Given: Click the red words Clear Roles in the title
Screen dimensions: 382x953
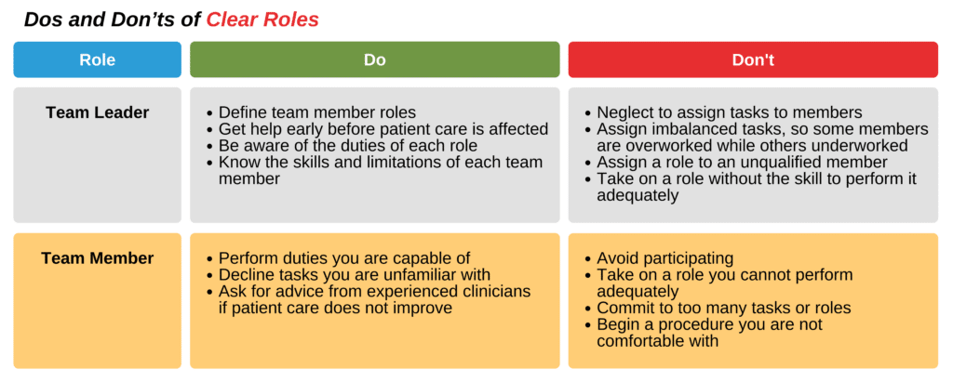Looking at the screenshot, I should point(262,19).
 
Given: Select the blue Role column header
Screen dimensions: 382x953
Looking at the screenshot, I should point(97,59).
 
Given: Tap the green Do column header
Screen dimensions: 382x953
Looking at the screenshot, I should point(374,59).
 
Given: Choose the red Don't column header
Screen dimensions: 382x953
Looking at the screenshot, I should point(753,59).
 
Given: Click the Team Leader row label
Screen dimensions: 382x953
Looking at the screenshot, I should point(97,112).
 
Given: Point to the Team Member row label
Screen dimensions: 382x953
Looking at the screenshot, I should point(97,257).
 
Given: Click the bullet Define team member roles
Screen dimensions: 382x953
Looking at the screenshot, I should point(316,112).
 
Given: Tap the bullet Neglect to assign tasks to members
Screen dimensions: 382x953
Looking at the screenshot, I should point(729,112).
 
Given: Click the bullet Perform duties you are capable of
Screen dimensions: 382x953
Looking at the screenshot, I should point(344,258).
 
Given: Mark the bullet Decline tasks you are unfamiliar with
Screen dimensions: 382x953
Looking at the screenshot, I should point(354,274).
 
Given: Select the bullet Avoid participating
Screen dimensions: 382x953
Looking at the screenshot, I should point(664,258).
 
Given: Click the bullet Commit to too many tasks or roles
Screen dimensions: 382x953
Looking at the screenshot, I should point(724,308).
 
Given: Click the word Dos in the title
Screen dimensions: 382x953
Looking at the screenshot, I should point(42,19).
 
